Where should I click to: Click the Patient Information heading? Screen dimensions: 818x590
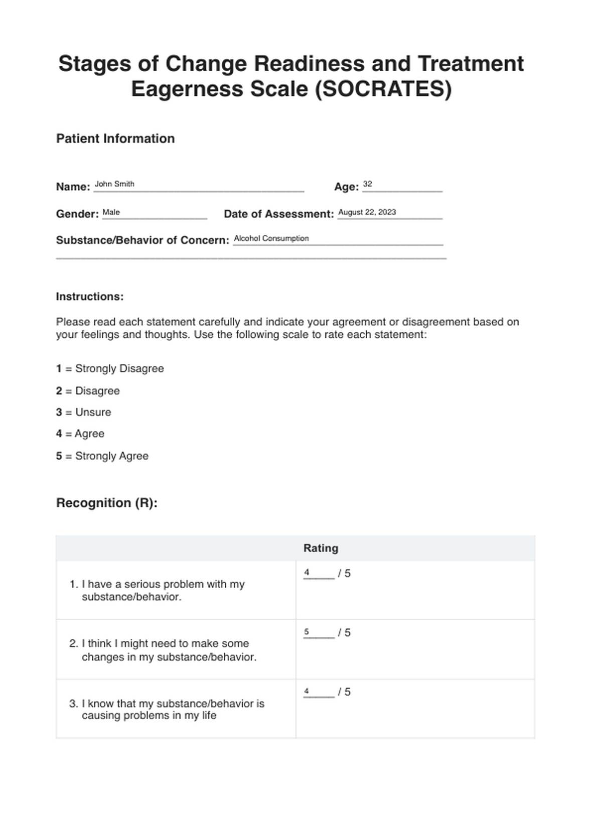click(115, 139)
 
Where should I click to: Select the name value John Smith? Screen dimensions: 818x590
click(114, 184)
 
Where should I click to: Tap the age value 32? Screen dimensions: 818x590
click(367, 184)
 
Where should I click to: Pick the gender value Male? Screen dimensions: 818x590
click(111, 212)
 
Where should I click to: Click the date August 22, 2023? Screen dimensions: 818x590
click(367, 212)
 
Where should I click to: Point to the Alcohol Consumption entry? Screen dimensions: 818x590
click(271, 238)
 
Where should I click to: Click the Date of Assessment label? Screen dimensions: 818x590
click(278, 214)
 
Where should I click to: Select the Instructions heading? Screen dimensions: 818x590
click(90, 297)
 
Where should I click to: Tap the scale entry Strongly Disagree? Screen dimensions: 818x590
click(119, 368)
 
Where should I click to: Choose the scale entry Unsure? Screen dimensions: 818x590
click(93, 412)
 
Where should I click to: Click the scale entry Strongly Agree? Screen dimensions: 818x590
click(111, 456)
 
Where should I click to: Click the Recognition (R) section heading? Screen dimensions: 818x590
click(107, 503)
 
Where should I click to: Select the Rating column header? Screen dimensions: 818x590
click(321, 548)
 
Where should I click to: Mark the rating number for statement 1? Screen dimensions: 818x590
click(307, 573)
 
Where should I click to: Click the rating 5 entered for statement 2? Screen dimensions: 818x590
click(307, 632)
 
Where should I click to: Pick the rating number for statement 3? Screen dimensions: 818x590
click(307, 691)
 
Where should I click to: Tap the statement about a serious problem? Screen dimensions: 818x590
click(163, 590)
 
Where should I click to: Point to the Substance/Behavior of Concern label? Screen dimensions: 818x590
click(142, 240)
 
